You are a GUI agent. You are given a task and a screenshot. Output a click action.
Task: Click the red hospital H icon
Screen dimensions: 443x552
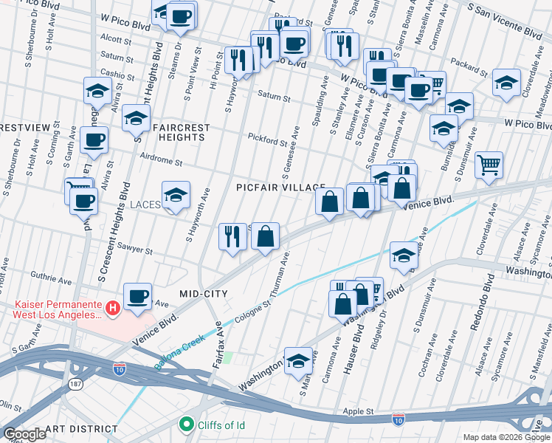(112, 307)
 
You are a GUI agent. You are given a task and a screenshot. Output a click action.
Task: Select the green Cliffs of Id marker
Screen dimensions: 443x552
(185, 424)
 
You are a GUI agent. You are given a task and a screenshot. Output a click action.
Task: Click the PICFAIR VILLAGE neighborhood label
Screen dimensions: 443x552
(281, 188)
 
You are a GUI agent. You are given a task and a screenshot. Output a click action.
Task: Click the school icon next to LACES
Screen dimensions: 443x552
(176, 196)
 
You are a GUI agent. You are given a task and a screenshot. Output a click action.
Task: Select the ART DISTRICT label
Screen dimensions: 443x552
(80, 429)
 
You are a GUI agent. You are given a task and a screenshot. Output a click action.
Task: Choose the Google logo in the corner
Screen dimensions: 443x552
(24, 434)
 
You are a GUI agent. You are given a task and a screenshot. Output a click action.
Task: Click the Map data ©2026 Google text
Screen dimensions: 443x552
(506, 437)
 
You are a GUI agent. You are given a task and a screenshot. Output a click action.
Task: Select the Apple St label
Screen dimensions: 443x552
(359, 411)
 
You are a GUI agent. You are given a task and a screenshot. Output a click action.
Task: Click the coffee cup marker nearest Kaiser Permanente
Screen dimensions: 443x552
(137, 297)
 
